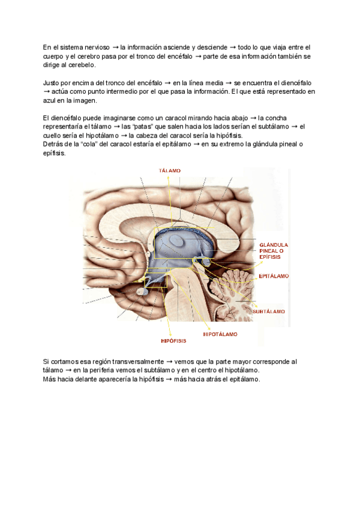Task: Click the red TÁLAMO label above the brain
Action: coord(170,171)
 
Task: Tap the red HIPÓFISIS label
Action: coord(173,340)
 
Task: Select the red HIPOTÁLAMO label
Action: coord(220,334)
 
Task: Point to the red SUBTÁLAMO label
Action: coord(268,312)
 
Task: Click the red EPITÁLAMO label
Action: coord(274,277)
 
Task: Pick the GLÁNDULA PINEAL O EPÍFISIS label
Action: coord(274,251)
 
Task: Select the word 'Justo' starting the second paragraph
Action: coord(53,82)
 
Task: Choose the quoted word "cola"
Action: coord(86,144)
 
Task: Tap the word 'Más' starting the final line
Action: coord(50,379)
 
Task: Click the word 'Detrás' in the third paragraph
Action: coord(54,144)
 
